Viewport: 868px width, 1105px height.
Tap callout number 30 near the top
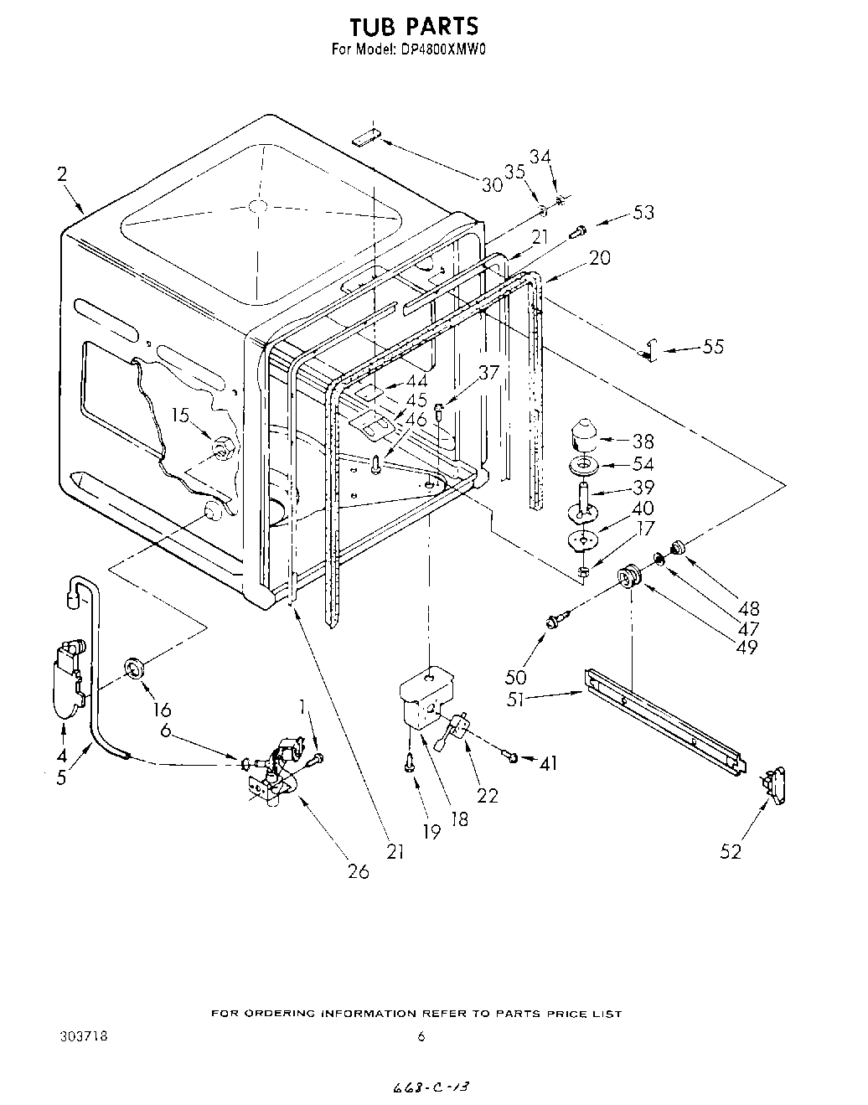click(492, 184)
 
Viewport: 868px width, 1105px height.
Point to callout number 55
click(712, 346)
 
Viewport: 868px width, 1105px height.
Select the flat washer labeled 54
click(584, 465)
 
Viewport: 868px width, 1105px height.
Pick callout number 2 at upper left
click(62, 174)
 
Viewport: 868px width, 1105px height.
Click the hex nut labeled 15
click(222, 447)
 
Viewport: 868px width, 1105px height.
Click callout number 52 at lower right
click(731, 851)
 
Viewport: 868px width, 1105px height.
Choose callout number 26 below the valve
click(358, 870)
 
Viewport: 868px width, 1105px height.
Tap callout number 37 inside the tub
click(488, 373)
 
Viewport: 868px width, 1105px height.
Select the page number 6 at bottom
click(421, 1036)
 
